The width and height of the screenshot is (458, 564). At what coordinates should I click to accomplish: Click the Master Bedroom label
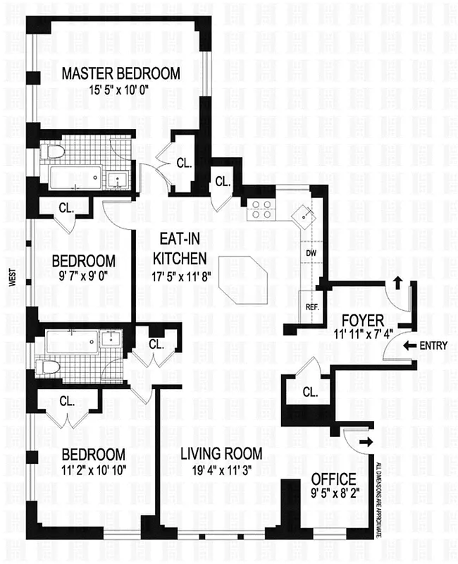[x=120, y=73]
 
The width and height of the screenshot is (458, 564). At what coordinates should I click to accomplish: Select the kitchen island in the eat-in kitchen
[x=244, y=278]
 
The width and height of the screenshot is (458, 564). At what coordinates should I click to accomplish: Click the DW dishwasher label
[x=310, y=252]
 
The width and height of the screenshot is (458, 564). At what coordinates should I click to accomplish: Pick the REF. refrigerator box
[x=311, y=307]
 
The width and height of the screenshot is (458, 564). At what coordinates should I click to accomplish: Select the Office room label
[x=333, y=480]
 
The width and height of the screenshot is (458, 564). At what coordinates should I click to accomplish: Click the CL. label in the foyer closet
[x=309, y=392]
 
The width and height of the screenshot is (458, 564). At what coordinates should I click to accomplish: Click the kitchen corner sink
[x=304, y=215]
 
